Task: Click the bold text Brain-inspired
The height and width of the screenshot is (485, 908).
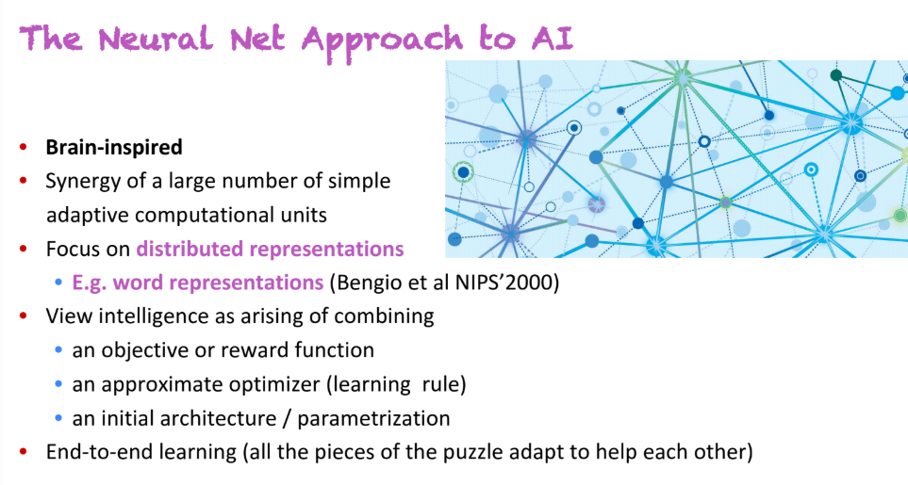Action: tap(114, 147)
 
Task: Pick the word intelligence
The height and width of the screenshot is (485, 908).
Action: tap(137, 316)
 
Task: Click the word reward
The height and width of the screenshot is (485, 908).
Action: tap(247, 350)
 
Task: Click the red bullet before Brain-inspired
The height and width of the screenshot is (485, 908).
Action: tap(25, 148)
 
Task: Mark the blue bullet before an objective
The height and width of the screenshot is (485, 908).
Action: tap(59, 350)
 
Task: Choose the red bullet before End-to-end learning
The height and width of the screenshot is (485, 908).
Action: tap(25, 452)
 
